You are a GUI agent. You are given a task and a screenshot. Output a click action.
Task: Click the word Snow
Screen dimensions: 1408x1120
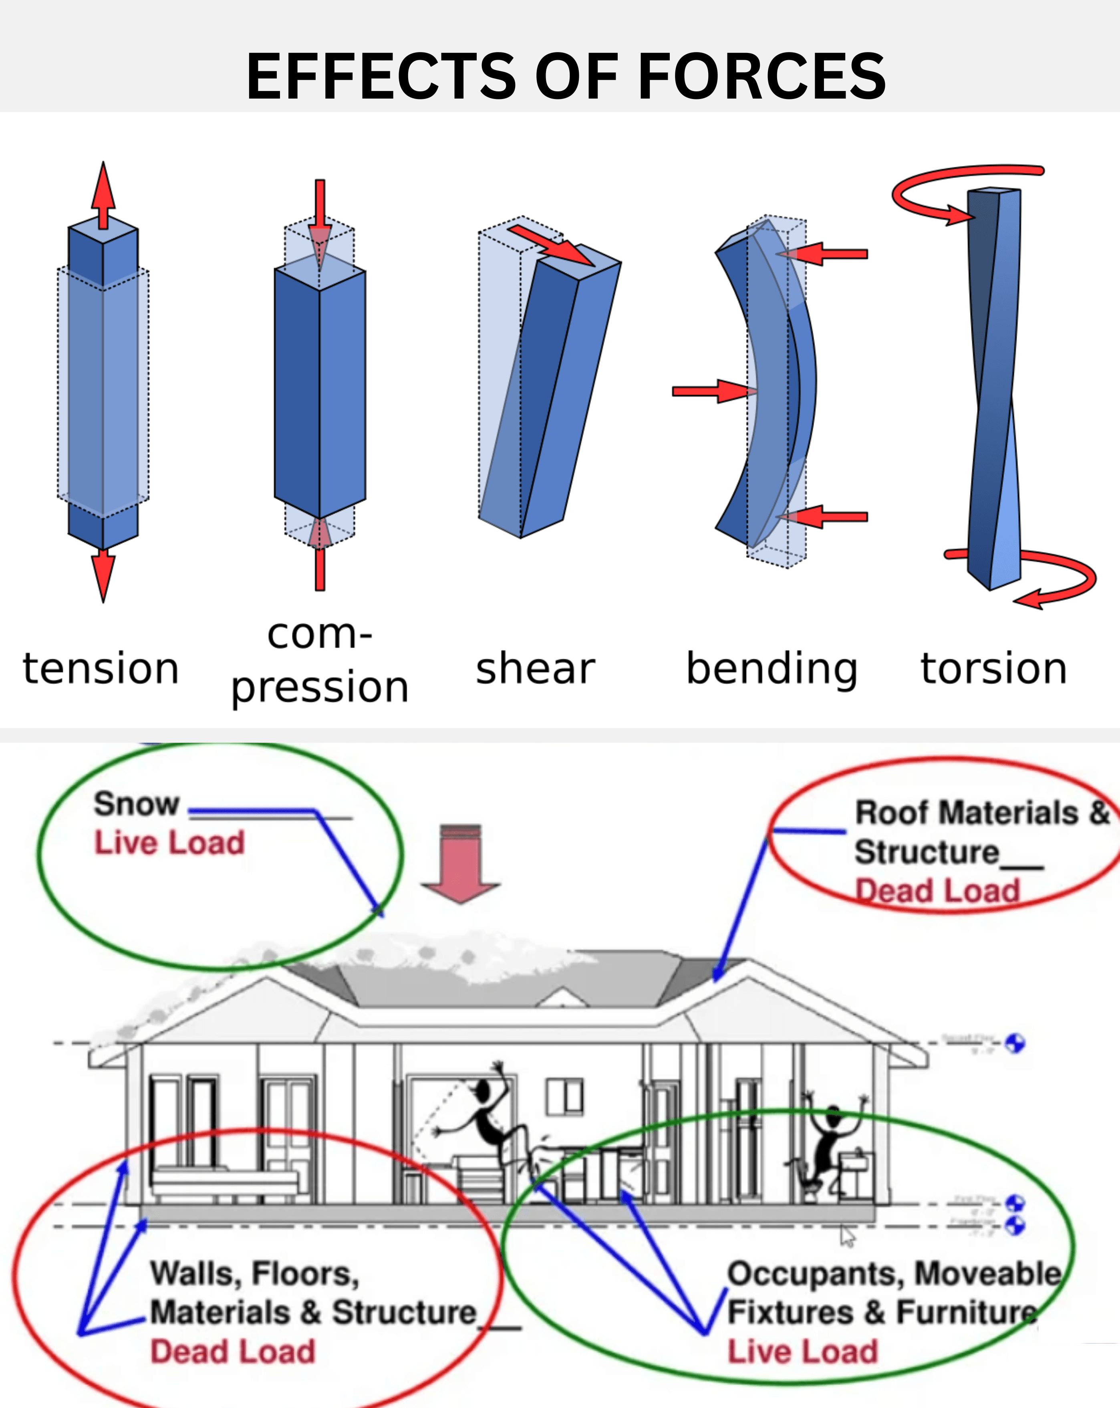(136, 803)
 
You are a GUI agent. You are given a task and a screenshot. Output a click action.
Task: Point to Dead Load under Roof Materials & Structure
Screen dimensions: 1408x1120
(937, 891)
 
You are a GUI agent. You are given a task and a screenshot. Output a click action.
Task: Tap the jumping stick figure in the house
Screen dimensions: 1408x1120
(487, 1113)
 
